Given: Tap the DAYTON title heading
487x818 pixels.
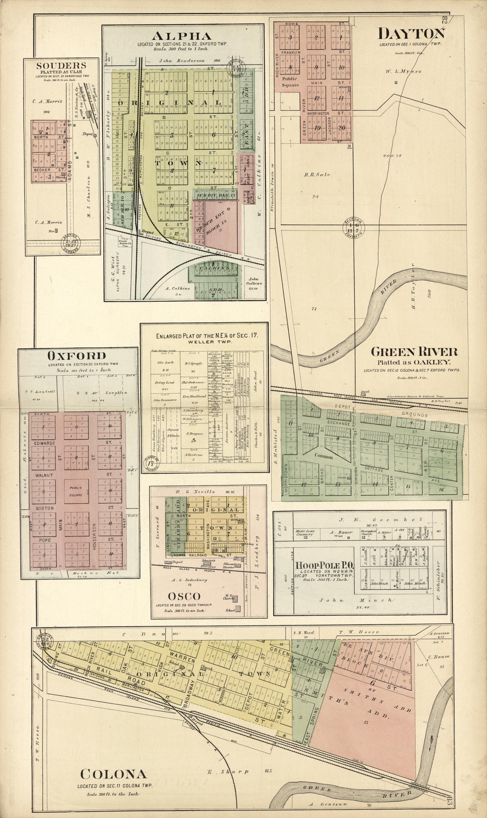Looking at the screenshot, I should point(412,34).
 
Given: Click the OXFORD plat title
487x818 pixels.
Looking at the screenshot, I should point(77,355).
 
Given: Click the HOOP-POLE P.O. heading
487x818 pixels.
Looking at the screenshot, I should point(324,566).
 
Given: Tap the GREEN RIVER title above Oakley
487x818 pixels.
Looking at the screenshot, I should point(414,352).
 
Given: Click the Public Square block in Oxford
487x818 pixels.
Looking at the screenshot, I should point(76,491).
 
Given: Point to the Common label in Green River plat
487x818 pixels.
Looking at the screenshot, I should point(324,456).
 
